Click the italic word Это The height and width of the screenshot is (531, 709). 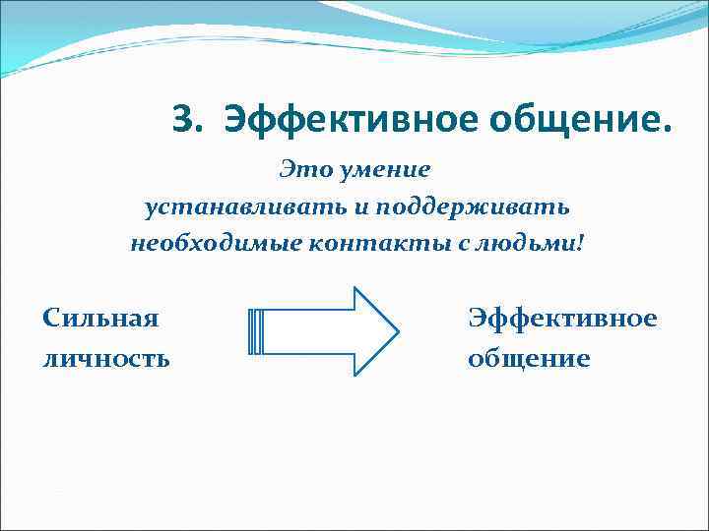click(303, 169)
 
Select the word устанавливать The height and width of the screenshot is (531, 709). click(226, 206)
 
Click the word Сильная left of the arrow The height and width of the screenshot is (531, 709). click(101, 318)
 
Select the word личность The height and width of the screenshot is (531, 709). click(106, 359)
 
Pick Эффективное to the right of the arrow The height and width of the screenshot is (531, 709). click(562, 318)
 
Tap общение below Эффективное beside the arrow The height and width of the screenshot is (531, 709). click(529, 359)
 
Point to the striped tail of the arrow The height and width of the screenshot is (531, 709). click(256, 331)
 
